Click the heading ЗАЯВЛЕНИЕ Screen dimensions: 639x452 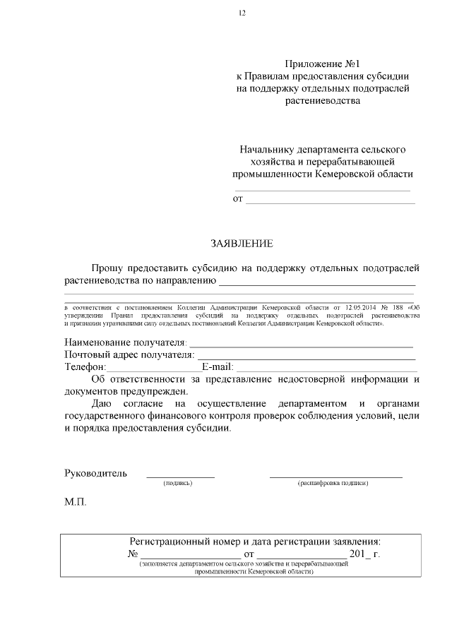[242, 244]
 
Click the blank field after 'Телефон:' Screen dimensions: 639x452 [154, 370]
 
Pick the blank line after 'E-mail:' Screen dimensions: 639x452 [326, 370]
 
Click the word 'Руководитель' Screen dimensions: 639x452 [95, 473]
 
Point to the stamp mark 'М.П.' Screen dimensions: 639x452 [76, 506]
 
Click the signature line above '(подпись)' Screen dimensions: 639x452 [180, 477]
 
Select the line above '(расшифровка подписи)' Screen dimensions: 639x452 [335, 477]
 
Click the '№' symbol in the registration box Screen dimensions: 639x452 [132, 554]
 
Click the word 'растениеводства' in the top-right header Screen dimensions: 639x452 [323, 101]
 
